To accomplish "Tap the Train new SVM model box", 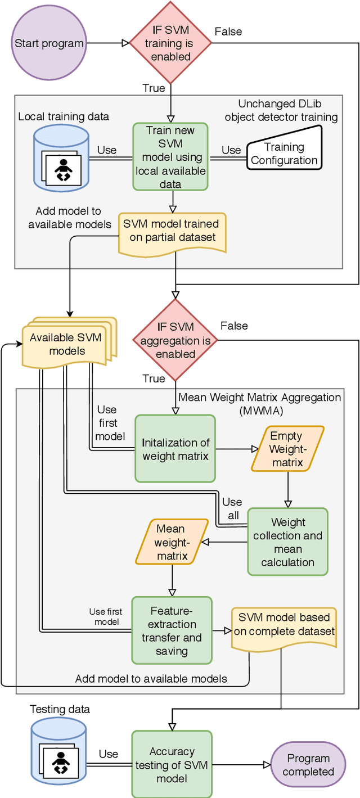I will coord(170,157).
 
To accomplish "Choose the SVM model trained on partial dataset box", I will coord(172,231).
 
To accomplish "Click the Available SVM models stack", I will coord(66,344).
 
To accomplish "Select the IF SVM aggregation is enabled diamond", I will coord(175,341).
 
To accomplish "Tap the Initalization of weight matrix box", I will coord(175,449).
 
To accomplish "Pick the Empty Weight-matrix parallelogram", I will coord(287,449).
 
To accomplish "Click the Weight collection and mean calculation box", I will coord(287,542).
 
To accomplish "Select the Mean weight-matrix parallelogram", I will coord(171,542).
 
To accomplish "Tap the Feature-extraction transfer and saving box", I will coord(172,630).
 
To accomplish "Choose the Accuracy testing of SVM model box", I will coord(172,765).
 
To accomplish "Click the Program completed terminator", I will coord(308,765).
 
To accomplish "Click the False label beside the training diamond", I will coord(228,31).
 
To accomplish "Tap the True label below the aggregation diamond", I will coord(154,378).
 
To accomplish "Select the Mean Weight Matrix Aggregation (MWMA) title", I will coord(259,403).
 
